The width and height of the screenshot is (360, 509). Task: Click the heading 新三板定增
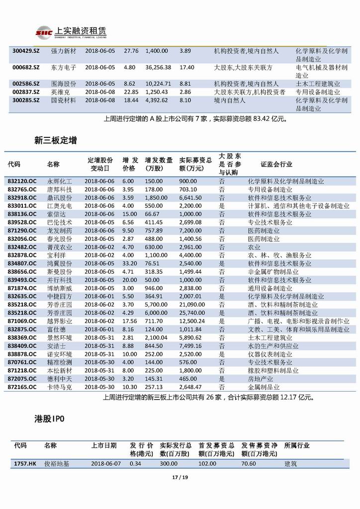pos(55,141)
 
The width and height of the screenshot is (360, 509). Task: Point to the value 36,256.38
pos(158,67)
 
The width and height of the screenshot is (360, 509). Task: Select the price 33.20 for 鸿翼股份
pos(130,263)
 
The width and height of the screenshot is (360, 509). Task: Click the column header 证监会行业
pos(276,164)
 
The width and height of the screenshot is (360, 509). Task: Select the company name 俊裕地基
pos(57,463)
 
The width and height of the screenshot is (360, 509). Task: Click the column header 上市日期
pos(104,445)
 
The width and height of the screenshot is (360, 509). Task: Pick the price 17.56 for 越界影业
pos(130,321)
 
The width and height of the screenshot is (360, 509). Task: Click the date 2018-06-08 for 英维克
pos(100,92)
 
